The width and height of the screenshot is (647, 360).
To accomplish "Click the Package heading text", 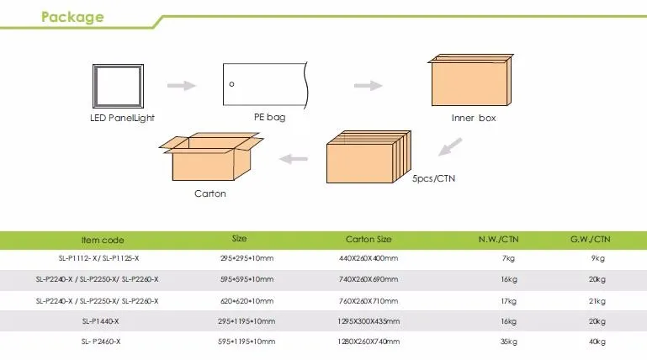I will click(73, 17).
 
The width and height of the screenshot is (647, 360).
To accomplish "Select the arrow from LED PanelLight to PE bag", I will click(182, 85).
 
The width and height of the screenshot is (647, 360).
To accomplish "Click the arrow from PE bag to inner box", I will click(368, 85).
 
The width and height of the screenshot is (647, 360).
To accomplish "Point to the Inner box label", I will click(474, 118).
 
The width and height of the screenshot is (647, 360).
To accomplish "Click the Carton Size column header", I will click(369, 239).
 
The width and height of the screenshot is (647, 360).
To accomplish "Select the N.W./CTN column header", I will click(498, 239).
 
